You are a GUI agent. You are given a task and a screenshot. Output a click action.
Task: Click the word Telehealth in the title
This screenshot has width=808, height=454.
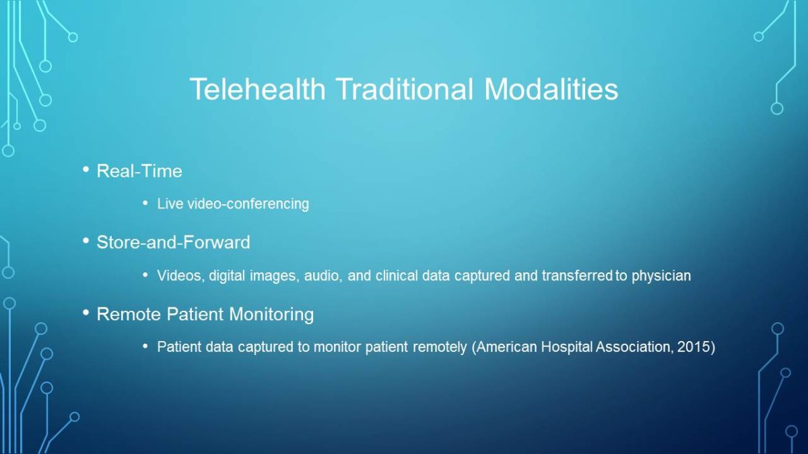[257, 89]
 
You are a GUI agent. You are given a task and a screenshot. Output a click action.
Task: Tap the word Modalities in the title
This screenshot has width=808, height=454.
[551, 89]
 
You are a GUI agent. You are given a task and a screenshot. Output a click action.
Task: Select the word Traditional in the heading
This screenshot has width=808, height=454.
[405, 89]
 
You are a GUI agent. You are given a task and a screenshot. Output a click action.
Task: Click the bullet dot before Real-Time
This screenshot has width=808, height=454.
[86, 169]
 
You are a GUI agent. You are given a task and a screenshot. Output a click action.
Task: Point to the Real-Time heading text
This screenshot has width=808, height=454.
[139, 171]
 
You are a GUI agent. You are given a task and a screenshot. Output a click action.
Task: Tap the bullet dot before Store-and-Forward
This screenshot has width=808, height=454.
[86, 240]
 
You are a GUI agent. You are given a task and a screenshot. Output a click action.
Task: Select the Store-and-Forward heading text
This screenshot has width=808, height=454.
[173, 242]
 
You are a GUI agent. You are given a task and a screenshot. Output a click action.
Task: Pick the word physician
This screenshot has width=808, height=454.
[661, 276]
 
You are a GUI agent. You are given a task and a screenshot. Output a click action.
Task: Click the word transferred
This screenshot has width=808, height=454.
[577, 276]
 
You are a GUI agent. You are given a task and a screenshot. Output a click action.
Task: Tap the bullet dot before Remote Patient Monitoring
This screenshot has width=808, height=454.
[86, 312]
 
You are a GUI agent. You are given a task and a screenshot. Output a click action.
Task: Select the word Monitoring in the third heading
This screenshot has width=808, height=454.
[271, 314]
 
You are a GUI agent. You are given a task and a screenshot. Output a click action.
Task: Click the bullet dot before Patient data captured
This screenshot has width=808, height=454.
[145, 346]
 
